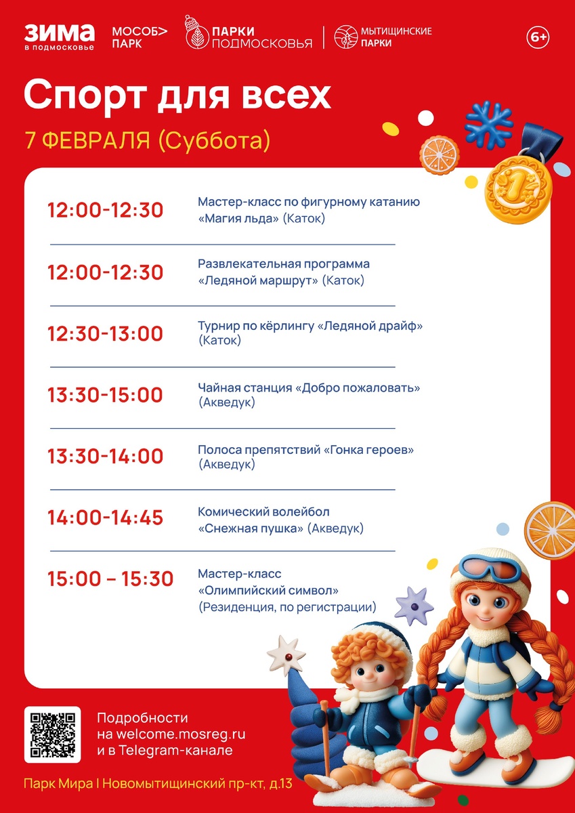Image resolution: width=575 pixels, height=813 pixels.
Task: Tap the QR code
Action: point(53,734)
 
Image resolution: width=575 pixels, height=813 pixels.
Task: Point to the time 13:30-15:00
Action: point(105,395)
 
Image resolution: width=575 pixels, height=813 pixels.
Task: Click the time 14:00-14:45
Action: point(105,518)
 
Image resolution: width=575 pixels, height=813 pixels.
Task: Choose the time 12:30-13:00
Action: point(105,334)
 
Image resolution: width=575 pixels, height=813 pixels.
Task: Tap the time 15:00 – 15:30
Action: point(110,579)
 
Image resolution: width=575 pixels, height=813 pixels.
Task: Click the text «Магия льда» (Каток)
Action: point(261,219)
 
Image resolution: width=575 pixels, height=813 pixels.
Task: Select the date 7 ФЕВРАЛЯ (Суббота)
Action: point(148,140)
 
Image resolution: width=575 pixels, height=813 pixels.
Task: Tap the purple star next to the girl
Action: point(413,605)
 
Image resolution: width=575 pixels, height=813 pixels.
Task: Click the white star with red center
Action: point(286,654)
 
